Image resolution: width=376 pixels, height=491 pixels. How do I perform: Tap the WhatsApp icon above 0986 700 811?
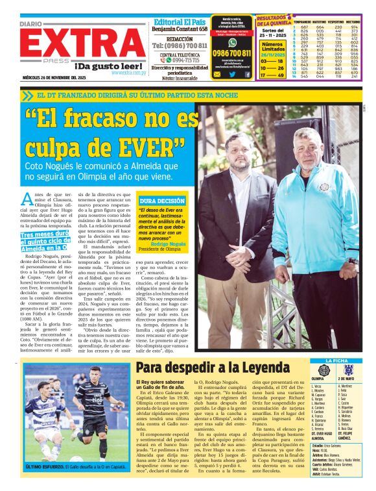[x=232, y=42]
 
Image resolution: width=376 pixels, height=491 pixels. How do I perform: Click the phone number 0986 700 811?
[x=231, y=53]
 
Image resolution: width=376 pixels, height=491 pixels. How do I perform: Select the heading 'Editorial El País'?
[x=181, y=21]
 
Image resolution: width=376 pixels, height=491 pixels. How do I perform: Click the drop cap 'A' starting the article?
[x=27, y=199]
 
